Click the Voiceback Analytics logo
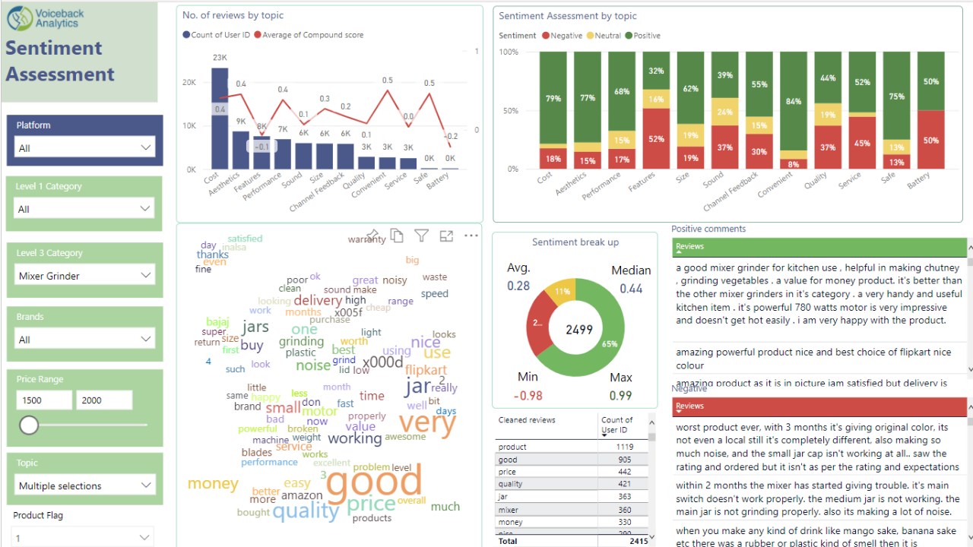tap(46, 17)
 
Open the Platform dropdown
tap(85, 147)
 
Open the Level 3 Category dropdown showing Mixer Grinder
tap(85, 275)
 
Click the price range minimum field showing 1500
tap(43, 400)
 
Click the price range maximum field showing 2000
tap(103, 400)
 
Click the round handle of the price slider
tap(29, 425)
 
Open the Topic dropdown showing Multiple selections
tap(85, 485)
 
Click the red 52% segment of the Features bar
tap(656, 138)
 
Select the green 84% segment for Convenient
tap(794, 101)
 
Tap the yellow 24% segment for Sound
tap(724, 112)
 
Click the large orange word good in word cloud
tap(373, 482)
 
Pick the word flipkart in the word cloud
tap(426, 370)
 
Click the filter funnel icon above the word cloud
tap(421, 236)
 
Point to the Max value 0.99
tap(620, 395)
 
